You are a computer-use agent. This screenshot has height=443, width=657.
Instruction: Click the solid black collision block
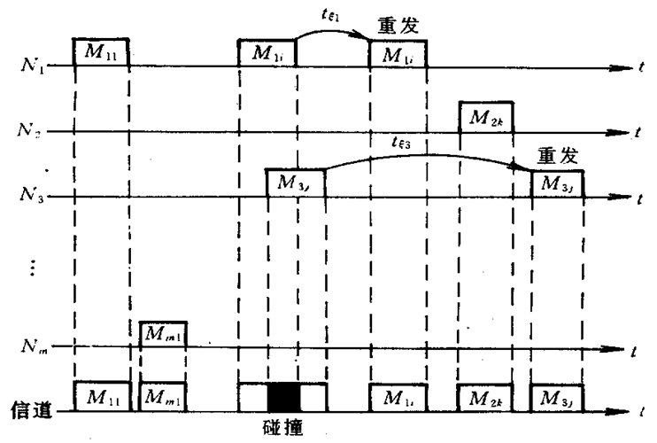[x=284, y=395]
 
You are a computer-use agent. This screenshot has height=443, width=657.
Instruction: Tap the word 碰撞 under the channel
[x=284, y=427]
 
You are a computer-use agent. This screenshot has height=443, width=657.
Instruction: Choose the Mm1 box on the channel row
[x=163, y=395]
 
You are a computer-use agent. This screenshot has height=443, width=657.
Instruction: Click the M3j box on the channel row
[x=557, y=395]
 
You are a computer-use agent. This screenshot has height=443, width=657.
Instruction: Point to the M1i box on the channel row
[x=397, y=395]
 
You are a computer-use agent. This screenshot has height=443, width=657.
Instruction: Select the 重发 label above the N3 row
[x=558, y=157]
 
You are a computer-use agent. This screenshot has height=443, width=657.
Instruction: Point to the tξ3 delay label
[x=403, y=143]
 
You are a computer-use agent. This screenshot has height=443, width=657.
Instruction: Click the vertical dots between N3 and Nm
[x=33, y=268]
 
